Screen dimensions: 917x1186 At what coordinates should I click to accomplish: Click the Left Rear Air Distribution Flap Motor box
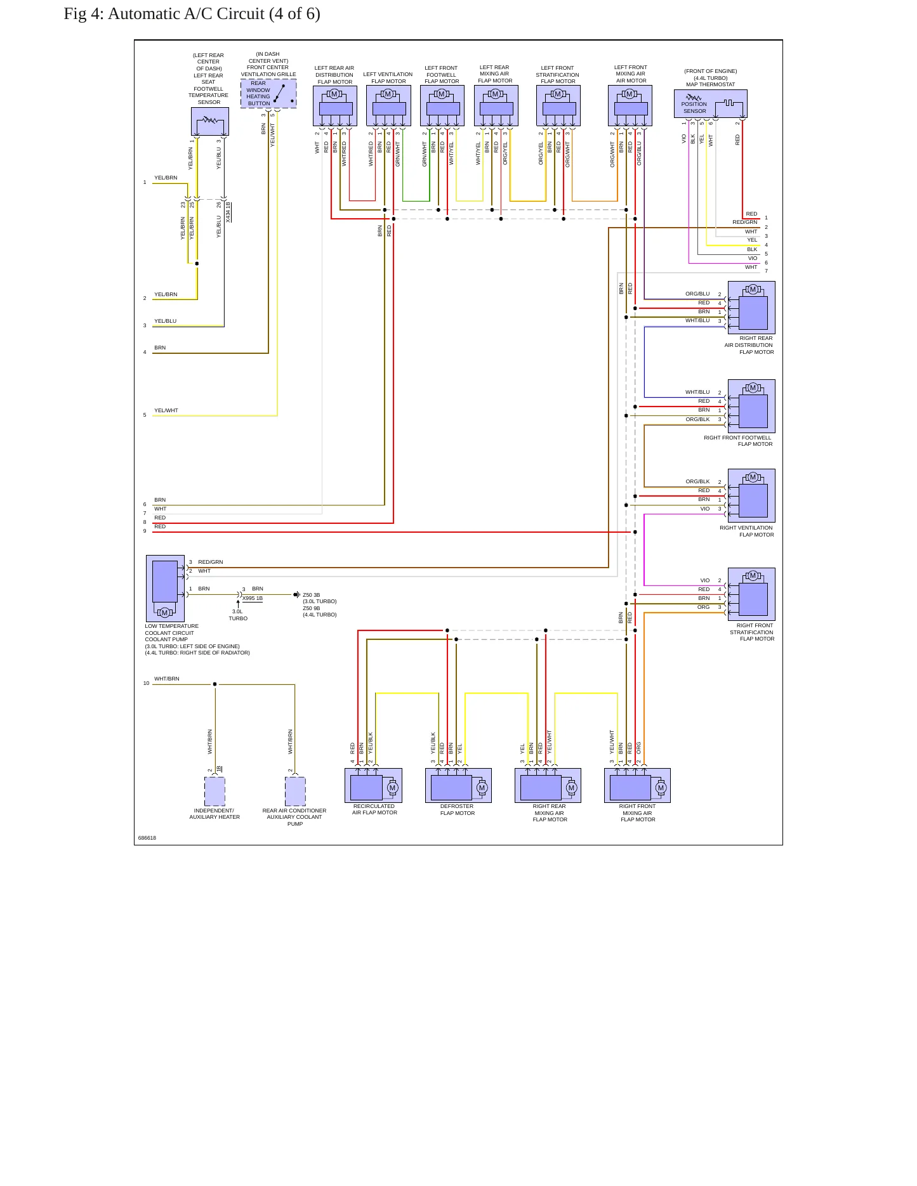[x=335, y=106]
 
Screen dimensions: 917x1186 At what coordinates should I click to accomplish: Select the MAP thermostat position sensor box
[x=710, y=104]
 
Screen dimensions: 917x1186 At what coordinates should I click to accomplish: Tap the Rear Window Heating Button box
[x=268, y=93]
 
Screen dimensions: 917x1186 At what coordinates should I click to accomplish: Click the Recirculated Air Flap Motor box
[x=373, y=785]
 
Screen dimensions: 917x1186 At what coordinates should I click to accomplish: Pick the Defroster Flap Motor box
[x=458, y=785]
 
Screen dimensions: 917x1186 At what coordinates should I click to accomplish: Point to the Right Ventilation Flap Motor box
[x=751, y=495]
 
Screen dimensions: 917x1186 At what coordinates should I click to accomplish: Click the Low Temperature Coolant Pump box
[x=165, y=589]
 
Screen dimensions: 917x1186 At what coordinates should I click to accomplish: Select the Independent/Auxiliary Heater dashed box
[x=214, y=792]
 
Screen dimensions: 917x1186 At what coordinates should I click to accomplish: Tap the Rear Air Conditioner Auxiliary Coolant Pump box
[x=295, y=792]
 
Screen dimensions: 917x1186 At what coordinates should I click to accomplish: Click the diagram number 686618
[x=147, y=838]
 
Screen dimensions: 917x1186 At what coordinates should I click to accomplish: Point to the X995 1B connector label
[x=252, y=598]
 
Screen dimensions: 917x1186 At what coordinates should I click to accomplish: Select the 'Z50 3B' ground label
[x=312, y=595]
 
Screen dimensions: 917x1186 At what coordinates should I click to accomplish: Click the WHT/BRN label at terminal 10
[x=167, y=679]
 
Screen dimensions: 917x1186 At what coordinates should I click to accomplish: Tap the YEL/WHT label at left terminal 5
[x=166, y=410]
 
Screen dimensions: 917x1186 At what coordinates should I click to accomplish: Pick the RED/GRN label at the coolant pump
[x=211, y=562]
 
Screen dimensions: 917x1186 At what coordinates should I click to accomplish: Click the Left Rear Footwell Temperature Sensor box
[x=210, y=121]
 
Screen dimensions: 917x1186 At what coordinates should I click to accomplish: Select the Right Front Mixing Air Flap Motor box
[x=637, y=785]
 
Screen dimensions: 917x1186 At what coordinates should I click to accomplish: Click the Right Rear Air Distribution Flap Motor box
[x=751, y=308]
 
